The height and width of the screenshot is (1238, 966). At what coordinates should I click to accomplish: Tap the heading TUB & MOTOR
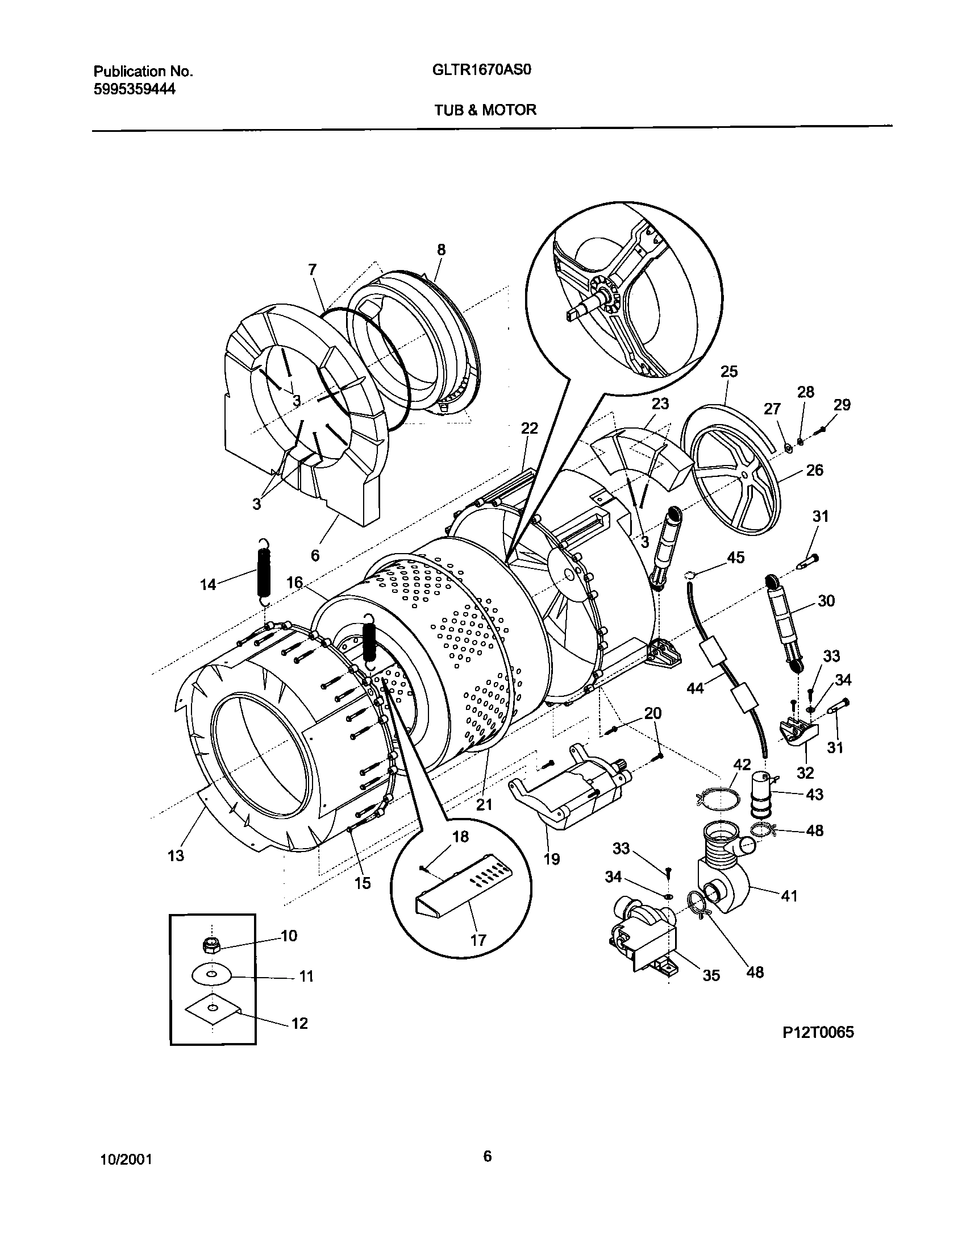[485, 110]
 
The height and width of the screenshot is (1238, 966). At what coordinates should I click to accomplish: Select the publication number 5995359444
[134, 89]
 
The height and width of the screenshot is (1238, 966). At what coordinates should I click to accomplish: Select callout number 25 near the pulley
[729, 371]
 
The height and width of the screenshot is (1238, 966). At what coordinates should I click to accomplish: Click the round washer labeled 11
[211, 975]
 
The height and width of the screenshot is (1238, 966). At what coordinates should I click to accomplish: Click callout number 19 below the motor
[552, 858]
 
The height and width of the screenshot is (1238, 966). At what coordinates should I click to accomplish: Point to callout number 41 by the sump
[789, 896]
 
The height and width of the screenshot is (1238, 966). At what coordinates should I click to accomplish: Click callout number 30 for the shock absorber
[826, 601]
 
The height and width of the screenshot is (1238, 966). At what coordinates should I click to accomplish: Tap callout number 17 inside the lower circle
[478, 940]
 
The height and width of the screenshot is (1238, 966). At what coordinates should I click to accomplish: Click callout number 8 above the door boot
[441, 250]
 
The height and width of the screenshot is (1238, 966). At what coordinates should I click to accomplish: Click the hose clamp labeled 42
[719, 799]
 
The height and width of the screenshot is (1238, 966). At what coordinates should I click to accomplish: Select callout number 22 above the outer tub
[529, 428]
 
